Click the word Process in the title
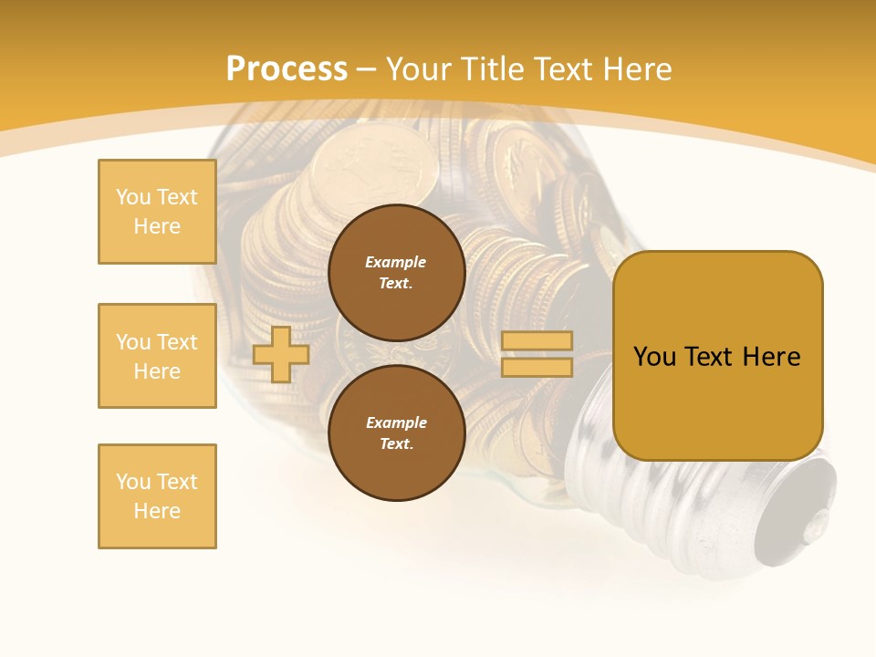point(287,69)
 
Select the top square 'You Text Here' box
point(157,212)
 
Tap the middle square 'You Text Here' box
point(157,356)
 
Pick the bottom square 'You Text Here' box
point(157,496)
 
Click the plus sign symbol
point(281,354)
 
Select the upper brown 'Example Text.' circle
point(396,272)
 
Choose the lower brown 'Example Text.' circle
point(396,433)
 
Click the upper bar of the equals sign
point(537,340)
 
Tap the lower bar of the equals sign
point(537,367)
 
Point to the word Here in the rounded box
point(771,357)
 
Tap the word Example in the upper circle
point(396,262)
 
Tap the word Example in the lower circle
point(396,422)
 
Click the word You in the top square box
point(133,197)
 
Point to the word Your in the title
point(421,69)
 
